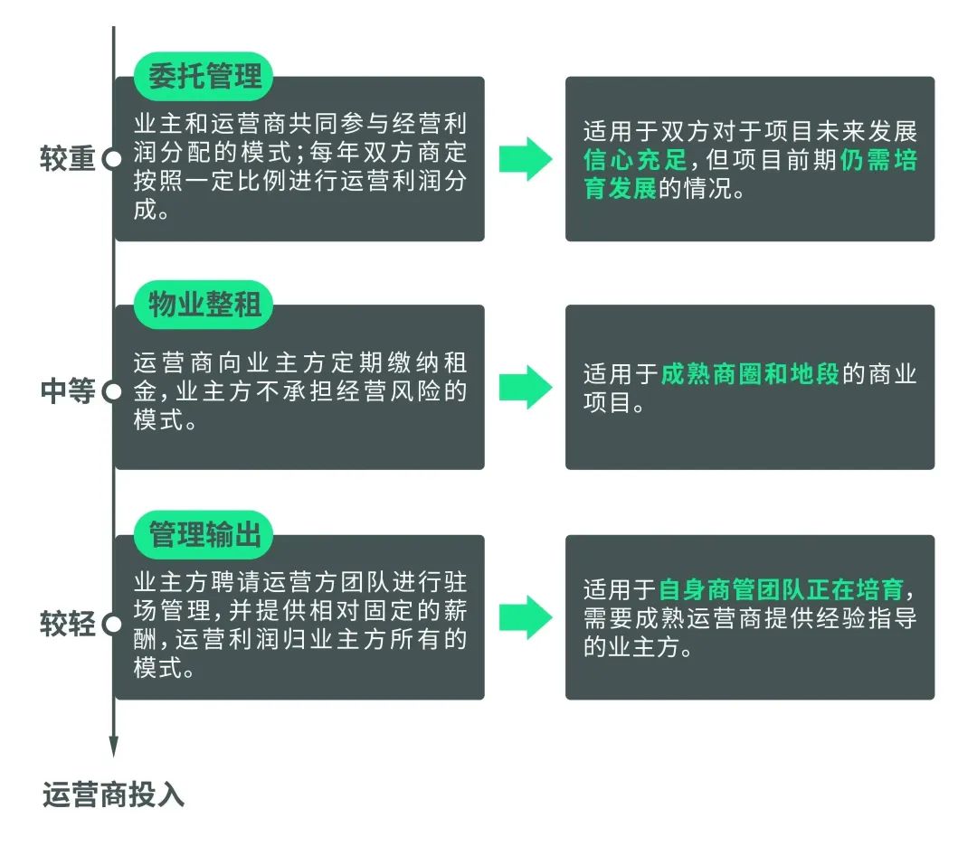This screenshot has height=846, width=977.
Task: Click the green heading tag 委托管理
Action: click(x=204, y=76)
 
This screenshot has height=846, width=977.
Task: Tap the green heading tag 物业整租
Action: click(x=204, y=305)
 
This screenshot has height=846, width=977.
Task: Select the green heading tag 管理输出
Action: click(x=204, y=535)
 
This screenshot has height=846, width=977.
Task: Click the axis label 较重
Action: click(x=67, y=159)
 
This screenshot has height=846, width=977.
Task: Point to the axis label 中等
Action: click(x=67, y=391)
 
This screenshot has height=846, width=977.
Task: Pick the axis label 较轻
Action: click(x=67, y=623)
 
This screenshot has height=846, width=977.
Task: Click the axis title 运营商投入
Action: click(x=113, y=795)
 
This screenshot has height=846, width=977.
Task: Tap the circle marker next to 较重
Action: click(x=113, y=159)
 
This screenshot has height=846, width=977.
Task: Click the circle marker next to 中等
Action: click(x=113, y=391)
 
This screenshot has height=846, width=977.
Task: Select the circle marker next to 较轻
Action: click(x=113, y=624)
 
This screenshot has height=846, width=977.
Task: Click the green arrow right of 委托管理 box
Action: click(x=526, y=159)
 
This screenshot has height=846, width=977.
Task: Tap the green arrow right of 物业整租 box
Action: click(x=526, y=387)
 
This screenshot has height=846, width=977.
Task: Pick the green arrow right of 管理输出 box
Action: click(x=526, y=617)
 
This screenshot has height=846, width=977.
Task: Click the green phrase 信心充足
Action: click(x=635, y=160)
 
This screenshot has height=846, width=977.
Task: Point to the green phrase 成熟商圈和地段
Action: click(x=750, y=374)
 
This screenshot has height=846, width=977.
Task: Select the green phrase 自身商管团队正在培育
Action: click(x=782, y=589)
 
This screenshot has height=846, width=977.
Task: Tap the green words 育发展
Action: click(x=620, y=188)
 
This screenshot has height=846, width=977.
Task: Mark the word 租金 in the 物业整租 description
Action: click(x=300, y=377)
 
